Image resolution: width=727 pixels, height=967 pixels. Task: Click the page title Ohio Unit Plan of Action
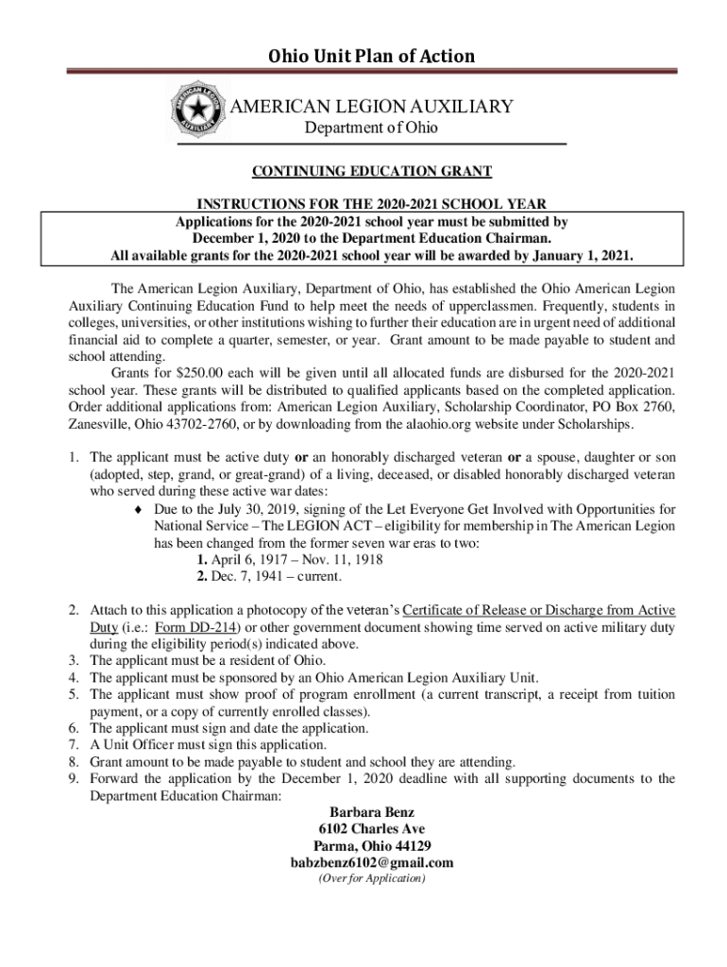tap(371, 56)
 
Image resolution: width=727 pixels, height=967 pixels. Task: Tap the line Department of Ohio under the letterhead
tap(370, 128)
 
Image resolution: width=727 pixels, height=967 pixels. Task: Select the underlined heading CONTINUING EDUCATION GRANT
tap(371, 171)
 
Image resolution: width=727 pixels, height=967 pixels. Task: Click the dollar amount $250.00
tap(176, 373)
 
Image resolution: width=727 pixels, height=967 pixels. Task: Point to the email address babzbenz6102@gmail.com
tap(371, 862)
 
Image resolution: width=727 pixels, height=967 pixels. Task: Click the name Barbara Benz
tap(371, 812)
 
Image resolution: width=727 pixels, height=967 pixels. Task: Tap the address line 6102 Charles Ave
tap(371, 829)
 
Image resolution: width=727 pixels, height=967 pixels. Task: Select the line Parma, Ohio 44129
tap(371, 846)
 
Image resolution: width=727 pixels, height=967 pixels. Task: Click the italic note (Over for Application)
tap(371, 878)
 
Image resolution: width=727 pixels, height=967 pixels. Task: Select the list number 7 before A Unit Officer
tap(74, 745)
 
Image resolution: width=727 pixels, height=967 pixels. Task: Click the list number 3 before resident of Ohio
tap(74, 660)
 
